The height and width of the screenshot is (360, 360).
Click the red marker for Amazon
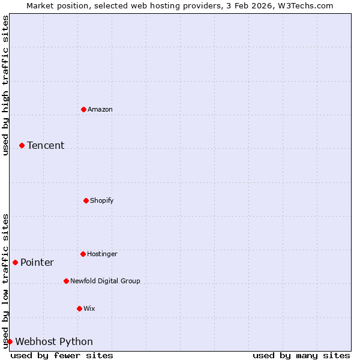[x=83, y=109]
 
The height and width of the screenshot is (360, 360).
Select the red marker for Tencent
[x=22, y=145]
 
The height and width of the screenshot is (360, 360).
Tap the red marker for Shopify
[x=86, y=200]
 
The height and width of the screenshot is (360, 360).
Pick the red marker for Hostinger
[x=83, y=254]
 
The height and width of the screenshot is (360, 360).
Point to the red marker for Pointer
[x=15, y=262]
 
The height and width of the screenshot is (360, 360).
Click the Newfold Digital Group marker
[x=66, y=281]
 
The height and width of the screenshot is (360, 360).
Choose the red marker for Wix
[x=79, y=308]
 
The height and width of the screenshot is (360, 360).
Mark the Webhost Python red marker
[x=10, y=341]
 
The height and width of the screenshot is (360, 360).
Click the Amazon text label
[x=100, y=109]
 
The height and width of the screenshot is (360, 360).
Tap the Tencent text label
[x=46, y=145]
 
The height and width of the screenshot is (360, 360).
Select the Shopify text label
[x=102, y=200]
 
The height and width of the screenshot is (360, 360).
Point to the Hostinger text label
[x=102, y=254]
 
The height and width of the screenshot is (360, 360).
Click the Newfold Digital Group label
[x=105, y=281]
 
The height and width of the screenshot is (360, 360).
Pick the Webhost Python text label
[x=54, y=341]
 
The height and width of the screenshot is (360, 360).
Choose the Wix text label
[x=89, y=308]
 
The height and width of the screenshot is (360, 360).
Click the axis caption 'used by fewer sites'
[x=62, y=355]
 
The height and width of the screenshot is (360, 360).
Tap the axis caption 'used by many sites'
[x=301, y=355]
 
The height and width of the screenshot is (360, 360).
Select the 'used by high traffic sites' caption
[x=5, y=85]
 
